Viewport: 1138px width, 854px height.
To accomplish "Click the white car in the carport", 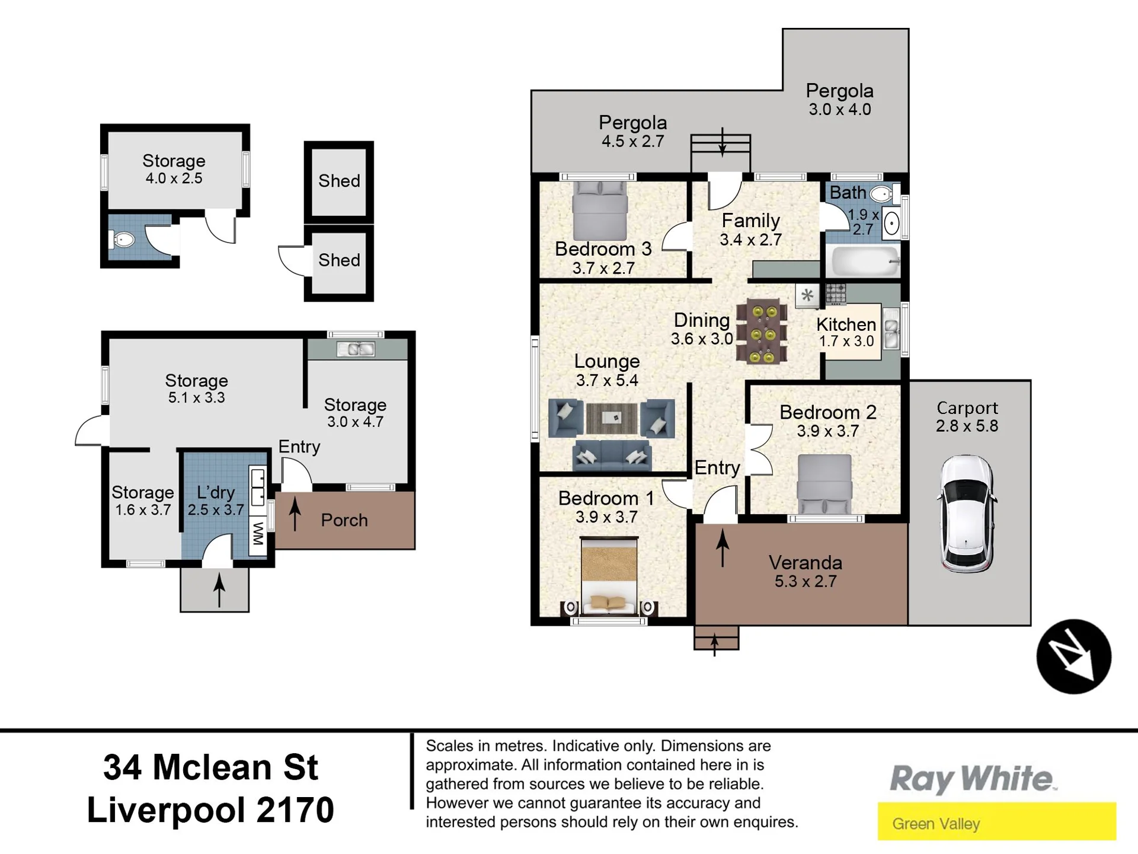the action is tap(966, 514).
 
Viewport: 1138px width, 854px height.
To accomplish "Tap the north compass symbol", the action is tap(1073, 657).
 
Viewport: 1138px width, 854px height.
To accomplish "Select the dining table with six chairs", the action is tap(762, 331).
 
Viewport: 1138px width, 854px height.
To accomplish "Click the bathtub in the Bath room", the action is tap(866, 261).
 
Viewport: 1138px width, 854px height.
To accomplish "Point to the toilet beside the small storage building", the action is tap(122, 240).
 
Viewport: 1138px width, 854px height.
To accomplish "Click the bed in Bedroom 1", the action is tap(609, 575).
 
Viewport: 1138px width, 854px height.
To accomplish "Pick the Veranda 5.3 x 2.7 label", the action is tap(805, 571).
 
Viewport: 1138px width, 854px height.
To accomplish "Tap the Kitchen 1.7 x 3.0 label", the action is tap(846, 332).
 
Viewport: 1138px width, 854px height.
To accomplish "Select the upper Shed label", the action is tap(339, 180).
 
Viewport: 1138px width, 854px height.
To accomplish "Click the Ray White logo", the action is tap(973, 779).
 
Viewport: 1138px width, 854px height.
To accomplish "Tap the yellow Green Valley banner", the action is tap(996, 821).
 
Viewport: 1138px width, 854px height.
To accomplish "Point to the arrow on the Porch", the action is tap(295, 513).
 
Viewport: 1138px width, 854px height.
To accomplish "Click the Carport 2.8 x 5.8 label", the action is tap(967, 416).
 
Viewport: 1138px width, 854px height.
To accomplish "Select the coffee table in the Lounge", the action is tap(612, 418).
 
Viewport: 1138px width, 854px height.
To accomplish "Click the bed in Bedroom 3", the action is tap(600, 211).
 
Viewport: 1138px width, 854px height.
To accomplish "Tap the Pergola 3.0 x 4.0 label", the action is tap(839, 99).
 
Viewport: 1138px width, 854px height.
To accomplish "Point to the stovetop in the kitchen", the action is tap(836, 294).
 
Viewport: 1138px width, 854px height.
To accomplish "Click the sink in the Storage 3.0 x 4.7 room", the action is tap(356, 349).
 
